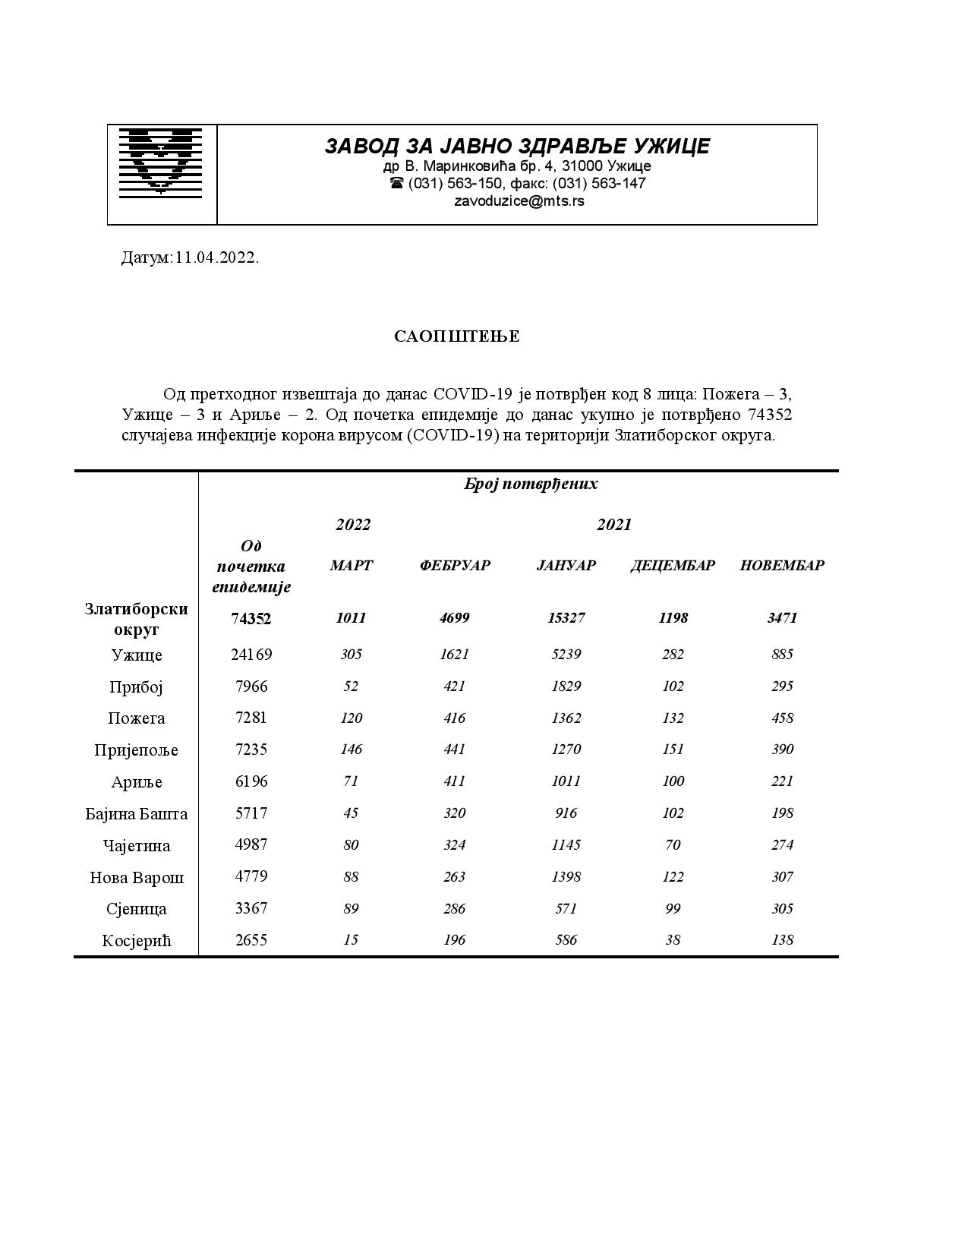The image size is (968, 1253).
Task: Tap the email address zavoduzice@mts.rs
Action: [x=519, y=201]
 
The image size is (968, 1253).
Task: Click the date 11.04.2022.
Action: [x=217, y=257]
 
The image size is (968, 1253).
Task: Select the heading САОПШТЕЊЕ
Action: [x=457, y=336]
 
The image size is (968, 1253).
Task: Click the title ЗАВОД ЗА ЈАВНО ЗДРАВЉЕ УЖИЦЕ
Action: [x=517, y=146]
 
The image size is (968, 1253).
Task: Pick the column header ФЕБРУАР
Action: [x=455, y=565]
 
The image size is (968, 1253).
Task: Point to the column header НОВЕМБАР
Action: [x=782, y=565]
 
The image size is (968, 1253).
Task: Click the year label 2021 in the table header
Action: [x=613, y=524]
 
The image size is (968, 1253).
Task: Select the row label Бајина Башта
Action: [x=137, y=814]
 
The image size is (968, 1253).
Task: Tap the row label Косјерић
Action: [x=137, y=941]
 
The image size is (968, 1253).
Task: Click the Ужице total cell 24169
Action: [x=251, y=654]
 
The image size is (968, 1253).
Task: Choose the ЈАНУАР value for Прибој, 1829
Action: [x=566, y=686]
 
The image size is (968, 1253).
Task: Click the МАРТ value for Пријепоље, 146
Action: [x=352, y=750]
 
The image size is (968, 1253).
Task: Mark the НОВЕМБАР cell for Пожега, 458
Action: [x=782, y=718]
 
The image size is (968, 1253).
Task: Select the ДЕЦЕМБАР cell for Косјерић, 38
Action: [x=673, y=939]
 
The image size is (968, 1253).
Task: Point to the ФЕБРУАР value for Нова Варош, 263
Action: [x=455, y=876]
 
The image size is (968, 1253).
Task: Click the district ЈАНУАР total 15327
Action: [x=566, y=617]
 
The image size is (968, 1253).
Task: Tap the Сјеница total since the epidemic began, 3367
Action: [x=251, y=908]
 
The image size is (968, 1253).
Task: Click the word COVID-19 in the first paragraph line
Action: [x=471, y=394]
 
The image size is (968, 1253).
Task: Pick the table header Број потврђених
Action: [x=531, y=484]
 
